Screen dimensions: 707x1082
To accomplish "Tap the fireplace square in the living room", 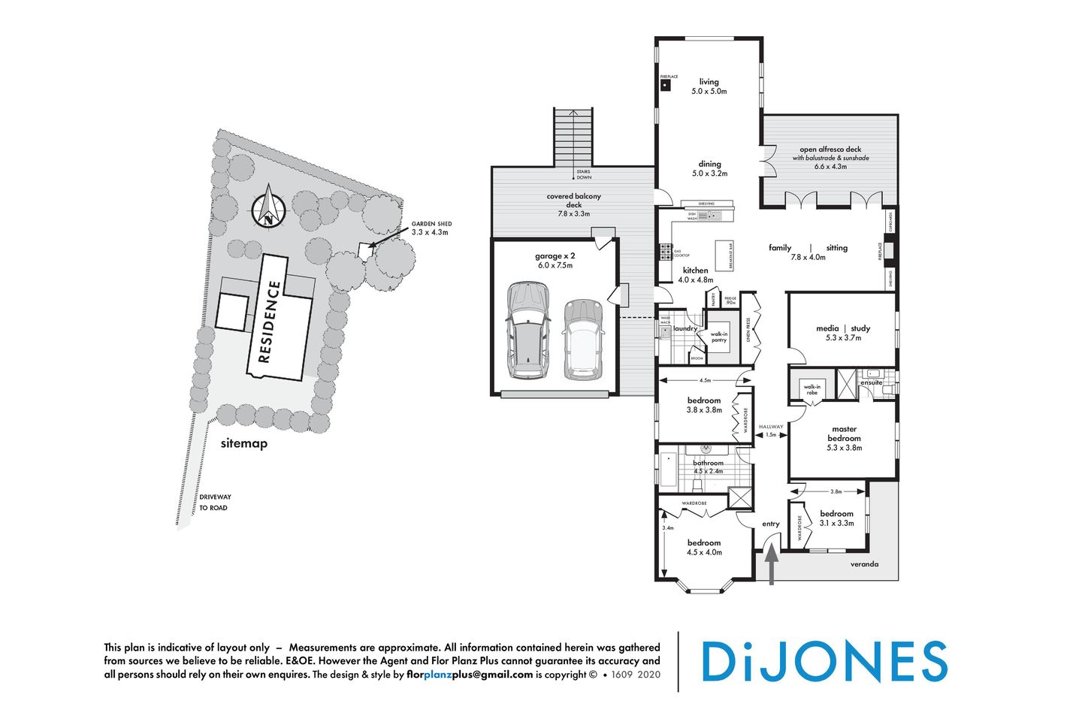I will (666, 86).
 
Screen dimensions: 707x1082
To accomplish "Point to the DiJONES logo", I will (824, 662).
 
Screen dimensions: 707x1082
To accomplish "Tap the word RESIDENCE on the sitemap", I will (270, 322).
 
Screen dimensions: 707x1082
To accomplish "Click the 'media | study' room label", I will (842, 328).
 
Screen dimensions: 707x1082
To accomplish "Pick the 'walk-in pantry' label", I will (719, 337).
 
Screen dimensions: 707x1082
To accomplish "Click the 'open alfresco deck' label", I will (830, 150).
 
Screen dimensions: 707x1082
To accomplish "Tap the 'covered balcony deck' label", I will (573, 201).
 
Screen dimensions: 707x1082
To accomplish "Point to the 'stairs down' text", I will (584, 175).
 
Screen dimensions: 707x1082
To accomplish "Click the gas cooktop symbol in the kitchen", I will (665, 252).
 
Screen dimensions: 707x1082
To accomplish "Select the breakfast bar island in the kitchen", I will (723, 255).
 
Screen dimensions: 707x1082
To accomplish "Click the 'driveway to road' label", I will (215, 503).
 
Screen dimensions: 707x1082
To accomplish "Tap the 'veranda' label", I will (864, 564).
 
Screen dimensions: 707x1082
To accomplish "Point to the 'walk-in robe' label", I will (811, 389).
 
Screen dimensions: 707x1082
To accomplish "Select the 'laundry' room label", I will (685, 328).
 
